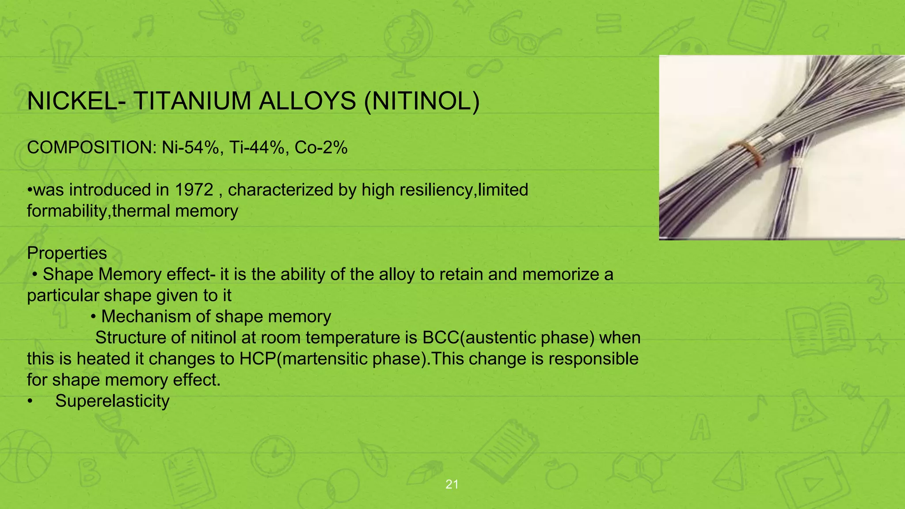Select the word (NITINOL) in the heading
coord(422,101)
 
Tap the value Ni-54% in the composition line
coord(190,148)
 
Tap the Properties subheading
coord(67,253)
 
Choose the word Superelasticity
coord(112,401)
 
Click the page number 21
coord(452,485)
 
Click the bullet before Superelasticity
coord(30,401)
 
